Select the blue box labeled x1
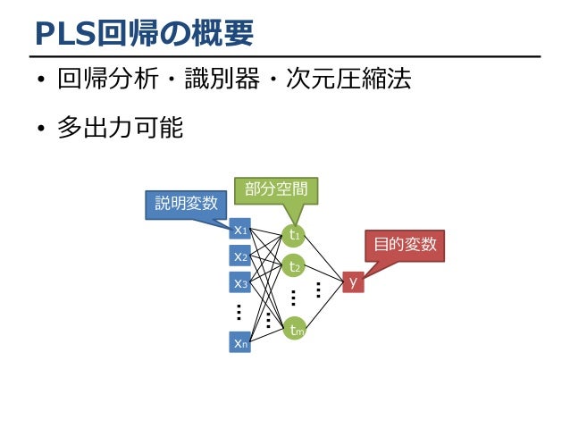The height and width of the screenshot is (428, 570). (x=239, y=230)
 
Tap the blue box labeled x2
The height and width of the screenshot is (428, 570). (x=239, y=257)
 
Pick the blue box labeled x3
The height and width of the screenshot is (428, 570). (x=239, y=284)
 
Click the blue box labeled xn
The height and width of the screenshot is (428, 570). (x=239, y=341)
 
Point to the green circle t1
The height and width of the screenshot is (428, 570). (x=293, y=235)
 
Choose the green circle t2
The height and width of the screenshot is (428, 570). (x=293, y=266)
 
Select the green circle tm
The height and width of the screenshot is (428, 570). (x=295, y=330)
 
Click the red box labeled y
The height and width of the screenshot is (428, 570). (x=353, y=282)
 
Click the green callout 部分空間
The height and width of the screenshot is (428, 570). (x=275, y=189)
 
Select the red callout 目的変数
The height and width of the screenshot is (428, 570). (x=405, y=244)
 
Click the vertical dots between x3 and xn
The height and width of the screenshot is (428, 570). (x=239, y=312)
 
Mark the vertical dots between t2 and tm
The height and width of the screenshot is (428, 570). (x=293, y=298)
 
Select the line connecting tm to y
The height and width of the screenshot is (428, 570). (x=323, y=306)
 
